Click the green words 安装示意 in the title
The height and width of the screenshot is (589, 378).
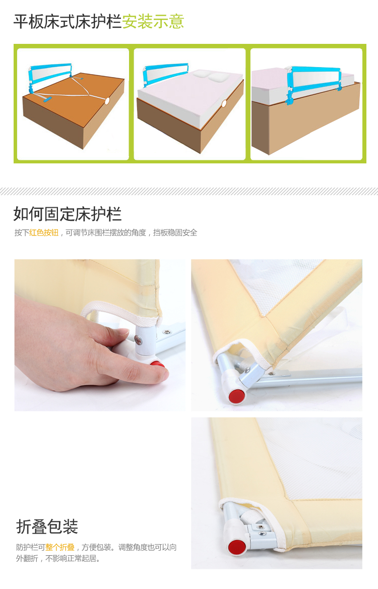click(153, 22)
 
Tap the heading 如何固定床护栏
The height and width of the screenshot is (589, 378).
click(68, 214)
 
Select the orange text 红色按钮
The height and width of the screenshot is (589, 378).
click(44, 233)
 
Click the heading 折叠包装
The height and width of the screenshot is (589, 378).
click(47, 526)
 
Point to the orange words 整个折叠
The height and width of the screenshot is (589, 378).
click(59, 547)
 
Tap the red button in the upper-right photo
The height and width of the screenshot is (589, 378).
click(237, 396)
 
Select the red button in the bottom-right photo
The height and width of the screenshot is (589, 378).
click(237, 547)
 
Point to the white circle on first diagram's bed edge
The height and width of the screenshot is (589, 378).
click(107, 101)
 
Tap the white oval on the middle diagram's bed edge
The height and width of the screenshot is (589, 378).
click(224, 103)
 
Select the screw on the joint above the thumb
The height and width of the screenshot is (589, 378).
click(139, 340)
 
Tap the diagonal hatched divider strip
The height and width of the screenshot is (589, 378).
click(189, 191)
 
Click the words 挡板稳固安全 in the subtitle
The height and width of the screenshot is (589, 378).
click(175, 233)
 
